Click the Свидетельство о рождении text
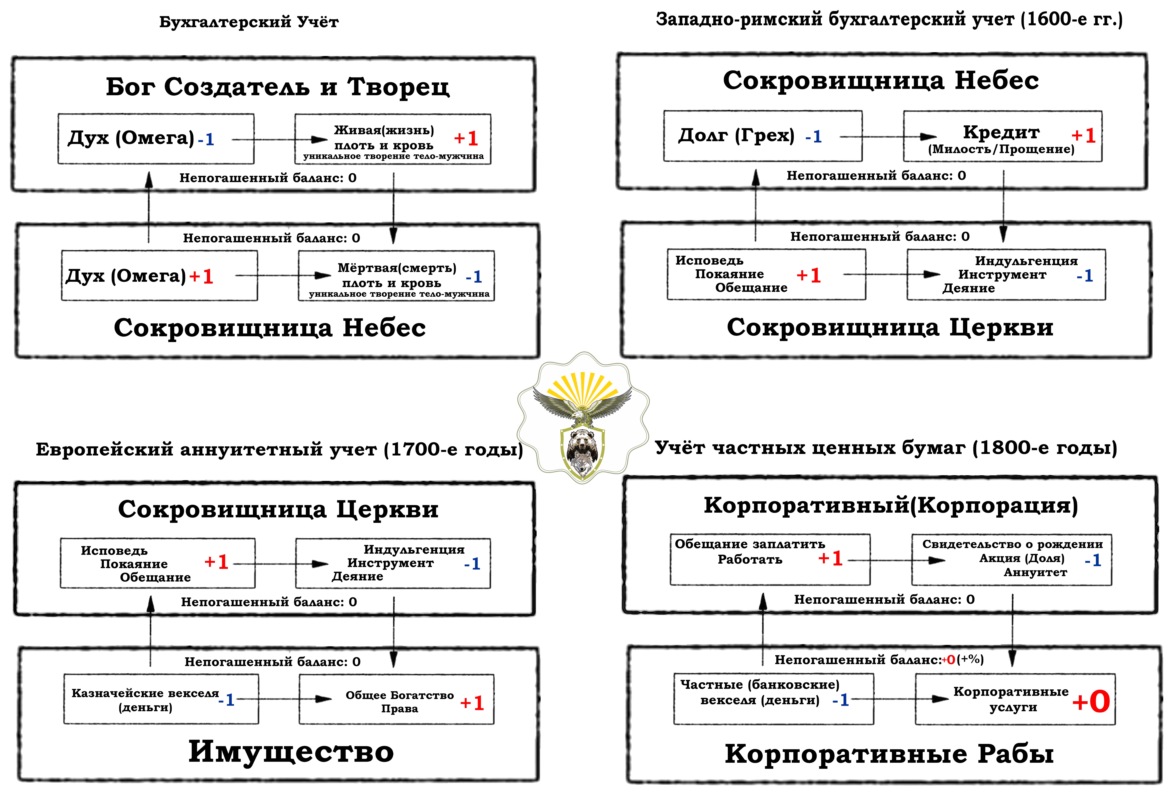[x=1012, y=544]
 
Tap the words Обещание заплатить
[x=750, y=544]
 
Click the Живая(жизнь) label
[x=384, y=130]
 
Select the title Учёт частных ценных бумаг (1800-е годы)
[x=886, y=448]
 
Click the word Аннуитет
[x=1035, y=572]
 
